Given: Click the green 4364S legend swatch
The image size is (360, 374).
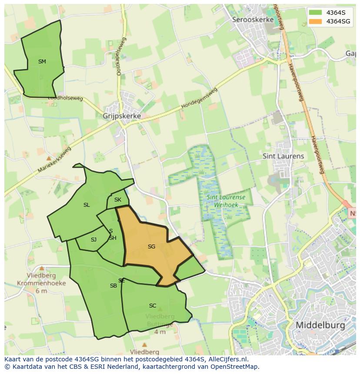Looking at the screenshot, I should (316, 13).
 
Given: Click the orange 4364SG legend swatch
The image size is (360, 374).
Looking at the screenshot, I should (316, 21).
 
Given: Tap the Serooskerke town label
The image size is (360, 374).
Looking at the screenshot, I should (253, 20).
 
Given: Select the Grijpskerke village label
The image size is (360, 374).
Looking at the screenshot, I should (122, 116).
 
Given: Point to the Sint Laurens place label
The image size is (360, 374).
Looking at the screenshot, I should (283, 156).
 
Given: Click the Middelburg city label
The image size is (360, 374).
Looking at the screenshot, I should (320, 325).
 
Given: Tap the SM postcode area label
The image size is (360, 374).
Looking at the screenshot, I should (42, 62).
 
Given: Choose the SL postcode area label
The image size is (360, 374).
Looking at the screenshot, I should (87, 205).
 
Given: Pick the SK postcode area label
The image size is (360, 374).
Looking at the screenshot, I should (118, 200).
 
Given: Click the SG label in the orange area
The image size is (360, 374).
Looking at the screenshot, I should (151, 247).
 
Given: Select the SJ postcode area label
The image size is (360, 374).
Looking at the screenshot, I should (93, 240).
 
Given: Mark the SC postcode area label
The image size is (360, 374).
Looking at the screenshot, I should (153, 306).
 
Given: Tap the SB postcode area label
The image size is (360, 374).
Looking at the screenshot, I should (113, 286).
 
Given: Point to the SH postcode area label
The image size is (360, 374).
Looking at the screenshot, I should (113, 238).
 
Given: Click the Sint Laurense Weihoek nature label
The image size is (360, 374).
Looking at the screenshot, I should (226, 201).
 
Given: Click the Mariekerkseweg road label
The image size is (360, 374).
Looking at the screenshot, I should (54, 160).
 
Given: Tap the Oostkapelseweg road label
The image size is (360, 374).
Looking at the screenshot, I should (120, 56).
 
